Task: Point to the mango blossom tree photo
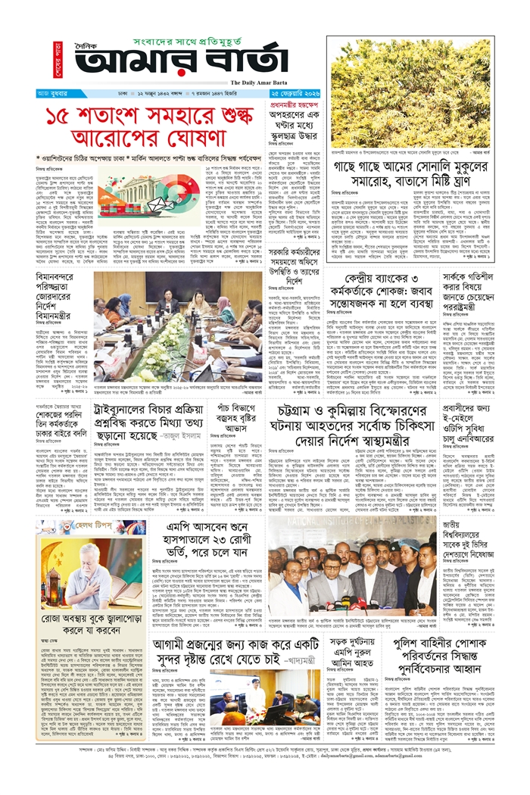pyautogui.click(x=411, y=92)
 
